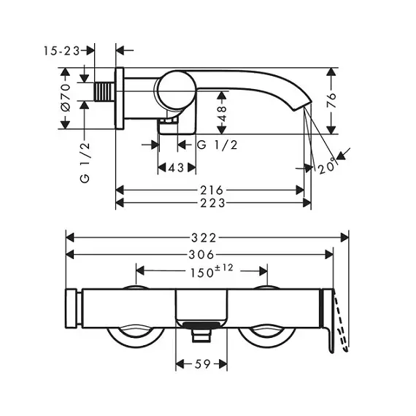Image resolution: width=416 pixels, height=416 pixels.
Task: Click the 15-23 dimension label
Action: tap(61, 50)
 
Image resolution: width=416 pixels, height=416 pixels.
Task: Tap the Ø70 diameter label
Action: tap(66, 98)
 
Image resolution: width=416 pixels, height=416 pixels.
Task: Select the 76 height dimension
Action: tap(331, 100)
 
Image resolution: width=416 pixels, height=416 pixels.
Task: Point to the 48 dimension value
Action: tap(222, 113)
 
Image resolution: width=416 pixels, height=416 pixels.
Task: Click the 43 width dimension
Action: tap(177, 168)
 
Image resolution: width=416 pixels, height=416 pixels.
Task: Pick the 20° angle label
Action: tap(328, 167)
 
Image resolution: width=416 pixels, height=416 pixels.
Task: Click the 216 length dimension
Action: tap(212, 190)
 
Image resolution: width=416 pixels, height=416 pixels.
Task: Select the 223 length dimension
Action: tap(212, 203)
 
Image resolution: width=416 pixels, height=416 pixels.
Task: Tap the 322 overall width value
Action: tap(204, 238)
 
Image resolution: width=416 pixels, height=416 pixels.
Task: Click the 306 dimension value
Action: tap(201, 255)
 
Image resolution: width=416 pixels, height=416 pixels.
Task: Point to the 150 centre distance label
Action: tap(202, 273)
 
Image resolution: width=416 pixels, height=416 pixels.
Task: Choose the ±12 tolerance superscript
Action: tap(224, 268)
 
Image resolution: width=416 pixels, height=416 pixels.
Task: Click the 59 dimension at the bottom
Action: tap(202, 364)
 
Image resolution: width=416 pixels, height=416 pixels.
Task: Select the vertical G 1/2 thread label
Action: tap(85, 162)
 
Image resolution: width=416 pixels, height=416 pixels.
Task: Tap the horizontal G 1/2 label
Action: tap(217, 145)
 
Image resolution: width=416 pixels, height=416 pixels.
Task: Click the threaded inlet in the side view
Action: tap(104, 91)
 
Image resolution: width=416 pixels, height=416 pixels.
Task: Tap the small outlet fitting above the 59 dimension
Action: tap(201, 335)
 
